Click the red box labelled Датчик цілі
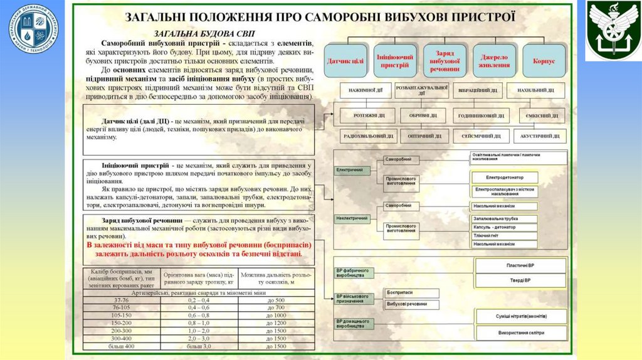click(x=345, y=61)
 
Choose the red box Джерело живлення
click(x=495, y=61)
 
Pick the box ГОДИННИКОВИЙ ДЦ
click(x=480, y=116)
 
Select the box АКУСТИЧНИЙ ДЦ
click(x=539, y=135)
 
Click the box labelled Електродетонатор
click(x=504, y=177)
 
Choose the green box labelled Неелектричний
click(x=351, y=218)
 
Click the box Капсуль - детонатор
click(x=504, y=227)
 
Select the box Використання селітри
click(x=520, y=332)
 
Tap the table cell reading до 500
click(x=276, y=300)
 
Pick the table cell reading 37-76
click(x=122, y=300)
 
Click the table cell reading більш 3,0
click(x=199, y=346)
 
